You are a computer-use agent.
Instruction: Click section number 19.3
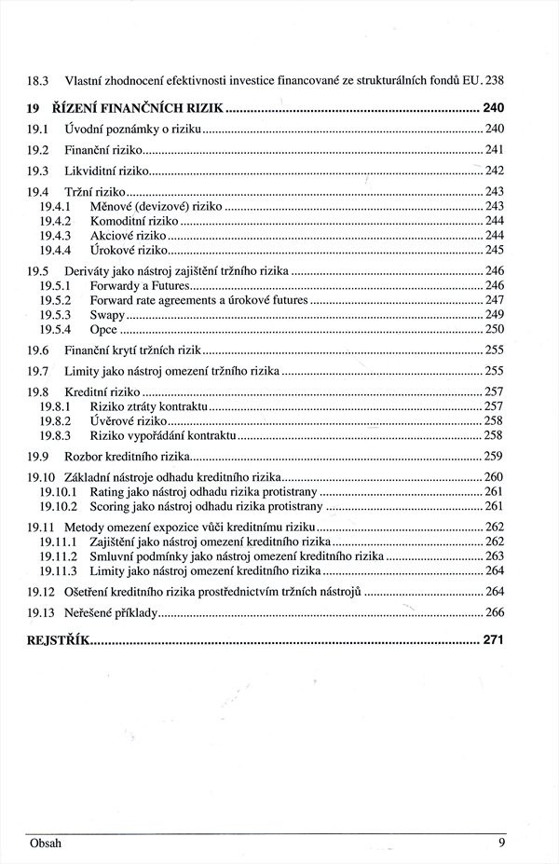pos(37,171)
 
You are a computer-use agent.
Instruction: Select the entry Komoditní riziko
pos(133,221)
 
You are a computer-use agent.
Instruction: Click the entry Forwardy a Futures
pos(140,285)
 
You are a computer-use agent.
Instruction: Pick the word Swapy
pos(107,315)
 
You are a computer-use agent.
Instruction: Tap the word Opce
pos(103,330)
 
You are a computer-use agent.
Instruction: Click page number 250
pos(494,330)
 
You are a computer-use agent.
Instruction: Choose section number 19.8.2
pos(56,421)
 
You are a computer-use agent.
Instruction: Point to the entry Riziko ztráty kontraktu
pos(148,406)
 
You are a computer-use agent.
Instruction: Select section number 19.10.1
pos(58,491)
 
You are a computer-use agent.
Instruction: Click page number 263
pos(494,555)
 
